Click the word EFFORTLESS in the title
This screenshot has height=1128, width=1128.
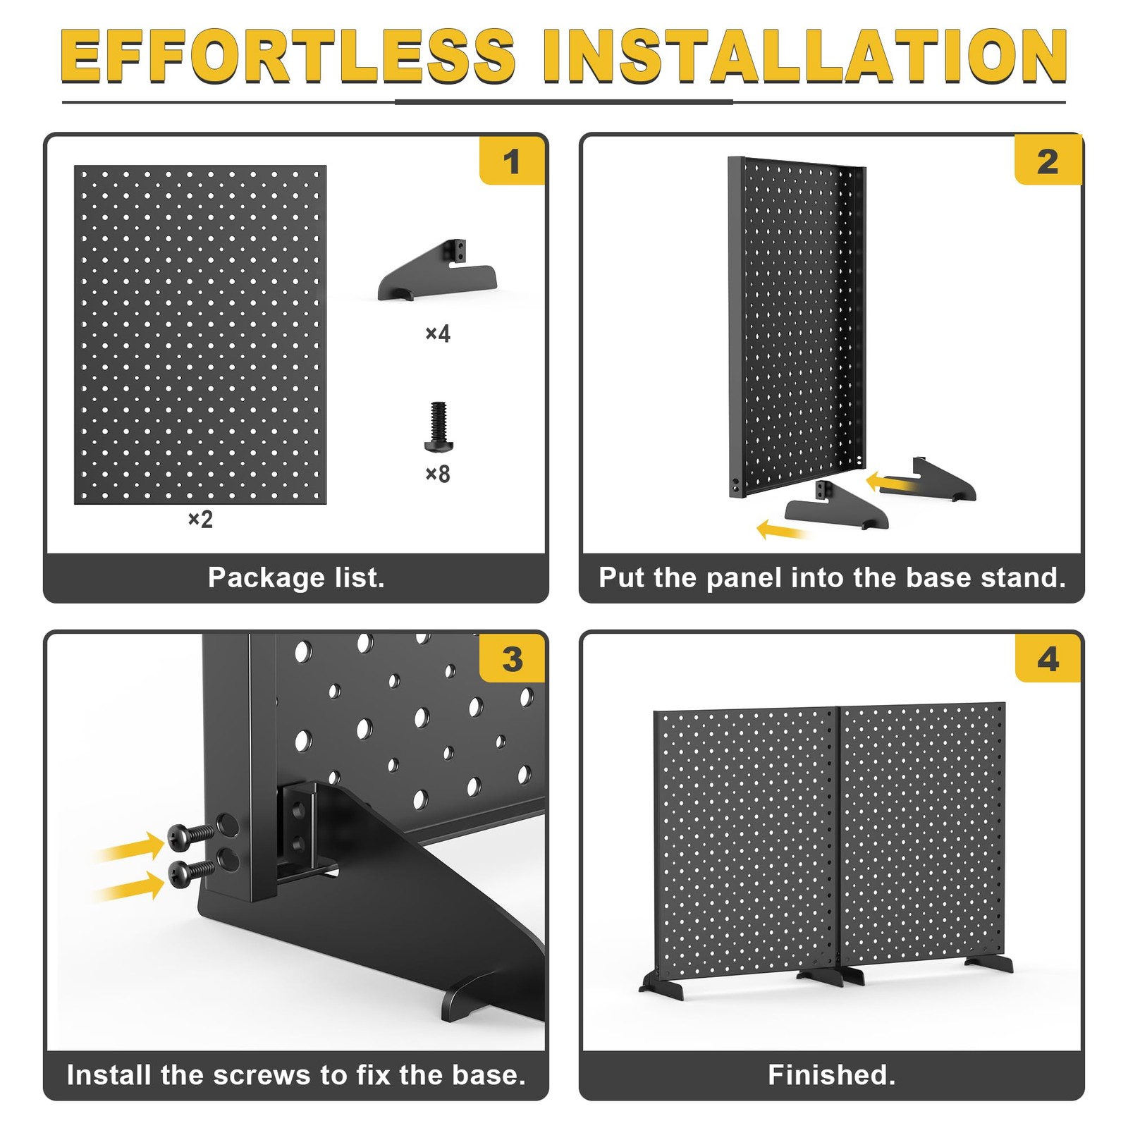pos(288,56)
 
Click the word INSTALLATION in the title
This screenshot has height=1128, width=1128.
pos(805,56)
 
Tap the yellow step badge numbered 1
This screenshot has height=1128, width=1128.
pos(512,161)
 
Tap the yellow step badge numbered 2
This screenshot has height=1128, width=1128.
pos(1048,161)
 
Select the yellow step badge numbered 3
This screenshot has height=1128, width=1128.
pos(512,658)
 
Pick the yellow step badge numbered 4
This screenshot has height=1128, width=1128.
pos(1048,658)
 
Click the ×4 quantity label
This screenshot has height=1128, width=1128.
pos(438,333)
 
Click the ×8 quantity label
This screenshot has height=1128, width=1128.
pos(438,474)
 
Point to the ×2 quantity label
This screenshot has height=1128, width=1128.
pos(200,520)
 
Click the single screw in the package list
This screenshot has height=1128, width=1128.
pos(439,427)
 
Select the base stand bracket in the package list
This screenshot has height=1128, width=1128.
pos(437,271)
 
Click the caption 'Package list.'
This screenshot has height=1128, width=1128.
pos(296,578)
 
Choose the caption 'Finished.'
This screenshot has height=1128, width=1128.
pos(832,1075)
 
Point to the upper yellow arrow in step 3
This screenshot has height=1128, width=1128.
pos(130,845)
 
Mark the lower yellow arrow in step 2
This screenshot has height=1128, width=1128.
pos(783,529)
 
